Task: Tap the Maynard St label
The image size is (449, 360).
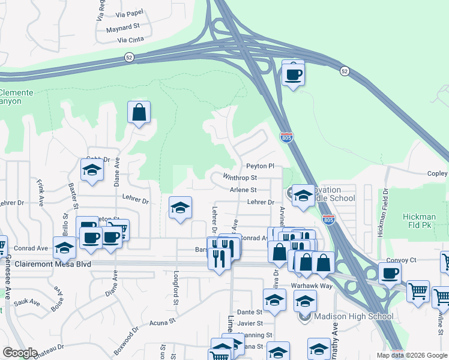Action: [x=122, y=27]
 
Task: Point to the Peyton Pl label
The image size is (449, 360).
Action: [x=260, y=166]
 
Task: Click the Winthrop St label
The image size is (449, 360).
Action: [x=240, y=178]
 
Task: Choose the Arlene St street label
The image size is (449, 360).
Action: [x=243, y=190]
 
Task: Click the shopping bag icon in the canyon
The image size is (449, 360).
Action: [x=139, y=112]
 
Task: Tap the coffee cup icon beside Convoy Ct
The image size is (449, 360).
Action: [x=390, y=274]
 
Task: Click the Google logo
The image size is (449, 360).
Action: [x=20, y=353]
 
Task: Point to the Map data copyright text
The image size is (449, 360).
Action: [x=411, y=355]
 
